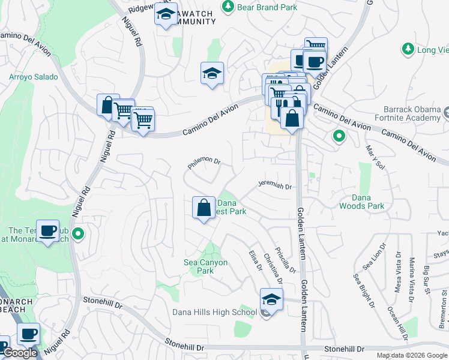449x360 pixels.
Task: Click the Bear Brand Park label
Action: point(267,7)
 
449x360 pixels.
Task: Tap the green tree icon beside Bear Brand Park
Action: point(228,7)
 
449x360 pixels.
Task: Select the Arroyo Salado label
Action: point(34,77)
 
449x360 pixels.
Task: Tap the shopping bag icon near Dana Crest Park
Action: point(203,208)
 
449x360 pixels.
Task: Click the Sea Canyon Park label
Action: point(205,266)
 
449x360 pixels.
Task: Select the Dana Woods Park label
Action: point(361,202)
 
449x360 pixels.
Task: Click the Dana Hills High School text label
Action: point(214,312)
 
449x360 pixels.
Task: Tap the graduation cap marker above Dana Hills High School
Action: point(271,299)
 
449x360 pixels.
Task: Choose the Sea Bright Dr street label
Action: point(364,290)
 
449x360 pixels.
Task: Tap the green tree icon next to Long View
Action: point(408,49)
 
